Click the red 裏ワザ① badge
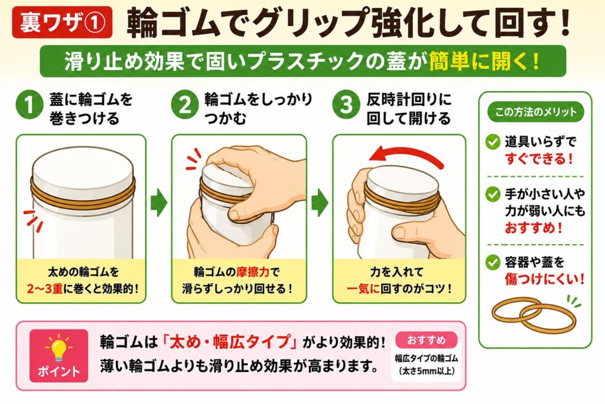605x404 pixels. point(62,22)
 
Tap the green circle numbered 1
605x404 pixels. point(30,105)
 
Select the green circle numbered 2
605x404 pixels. point(185,105)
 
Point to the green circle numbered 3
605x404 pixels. point(346,105)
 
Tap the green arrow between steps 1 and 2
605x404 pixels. point(158,202)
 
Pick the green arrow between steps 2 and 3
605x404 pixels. point(320,202)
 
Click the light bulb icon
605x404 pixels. point(58,347)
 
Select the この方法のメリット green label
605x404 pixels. point(535,112)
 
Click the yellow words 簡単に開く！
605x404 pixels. point(485,62)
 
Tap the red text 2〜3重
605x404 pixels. point(45,289)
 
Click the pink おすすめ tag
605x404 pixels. point(426,340)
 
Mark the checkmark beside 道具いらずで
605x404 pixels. point(493,142)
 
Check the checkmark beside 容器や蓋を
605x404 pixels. point(493,263)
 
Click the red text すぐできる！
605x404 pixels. point(539,159)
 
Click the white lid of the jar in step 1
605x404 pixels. point(82,169)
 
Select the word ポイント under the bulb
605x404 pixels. point(58,371)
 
